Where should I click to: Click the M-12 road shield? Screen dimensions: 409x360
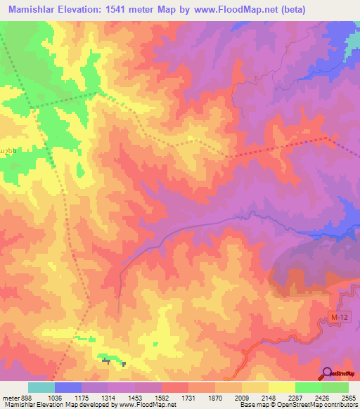pyautogui.click(x=338, y=318)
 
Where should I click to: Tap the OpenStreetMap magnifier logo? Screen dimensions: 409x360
pyautogui.click(x=327, y=373)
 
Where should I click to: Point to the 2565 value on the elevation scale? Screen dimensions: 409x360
pyautogui.click(x=347, y=397)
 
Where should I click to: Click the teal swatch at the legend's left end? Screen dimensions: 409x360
pyautogui.click(x=41, y=387)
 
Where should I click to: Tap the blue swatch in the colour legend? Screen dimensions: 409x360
pyautogui.click(x=67, y=387)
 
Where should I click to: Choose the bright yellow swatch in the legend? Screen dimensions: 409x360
pyautogui.click(x=281, y=387)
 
